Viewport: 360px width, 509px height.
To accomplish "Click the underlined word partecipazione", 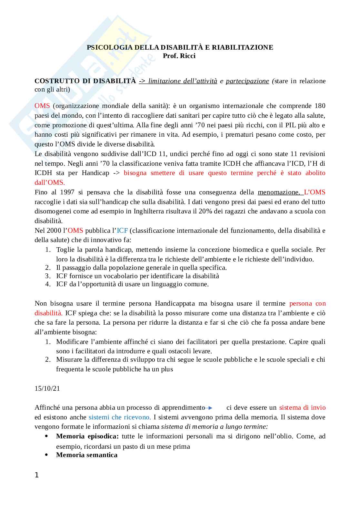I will tap(247, 81).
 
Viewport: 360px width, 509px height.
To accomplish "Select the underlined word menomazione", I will tap(279, 192).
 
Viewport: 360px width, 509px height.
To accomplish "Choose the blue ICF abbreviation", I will tap(122, 230).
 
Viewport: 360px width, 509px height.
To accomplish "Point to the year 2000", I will tap(54, 230).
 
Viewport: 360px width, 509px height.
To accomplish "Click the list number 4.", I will tap(48, 284).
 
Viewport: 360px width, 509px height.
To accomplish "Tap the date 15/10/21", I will tap(47, 388).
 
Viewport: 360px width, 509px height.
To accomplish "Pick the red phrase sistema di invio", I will tap(302, 407).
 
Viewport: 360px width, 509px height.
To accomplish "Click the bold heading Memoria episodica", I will tap(87, 436).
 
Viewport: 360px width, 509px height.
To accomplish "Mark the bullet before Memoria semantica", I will tap(47, 455).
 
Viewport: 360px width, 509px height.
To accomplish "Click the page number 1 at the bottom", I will tap(36, 475).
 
